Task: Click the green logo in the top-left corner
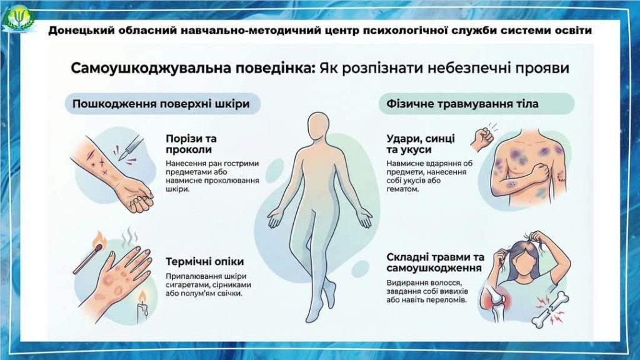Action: pyautogui.click(x=19, y=18)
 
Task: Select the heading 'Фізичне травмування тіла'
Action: pyautogui.click(x=462, y=104)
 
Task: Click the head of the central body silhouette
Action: pyautogui.click(x=318, y=126)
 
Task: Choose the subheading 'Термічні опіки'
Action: pyautogui.click(x=204, y=262)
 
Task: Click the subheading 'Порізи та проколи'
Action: pyautogui.click(x=191, y=144)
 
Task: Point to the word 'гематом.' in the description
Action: pyautogui.click(x=403, y=189)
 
